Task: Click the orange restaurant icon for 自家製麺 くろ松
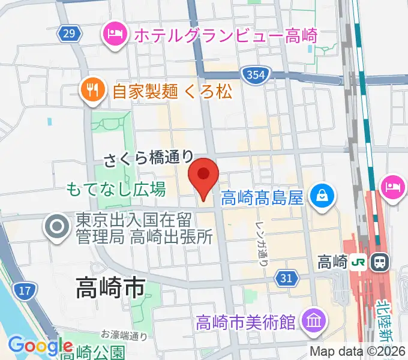coord(91,91)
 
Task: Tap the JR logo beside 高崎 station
coord(359,262)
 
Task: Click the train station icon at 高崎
coord(379,262)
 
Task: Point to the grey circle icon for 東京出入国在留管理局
coord(58,227)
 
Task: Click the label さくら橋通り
coord(149,158)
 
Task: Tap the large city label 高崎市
coord(110,289)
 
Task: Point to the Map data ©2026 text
coord(358,350)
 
